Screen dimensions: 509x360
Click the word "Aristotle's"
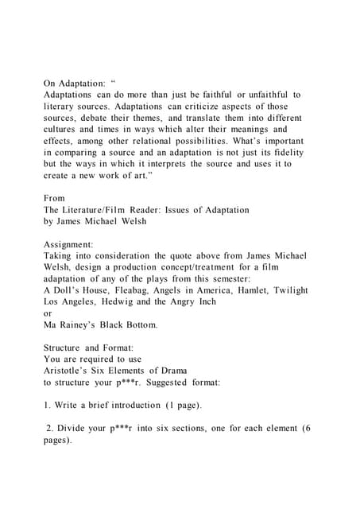pos(68,371)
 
